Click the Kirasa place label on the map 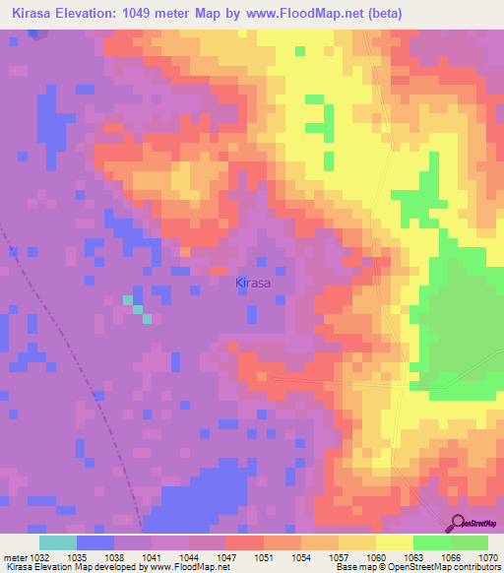coord(253,284)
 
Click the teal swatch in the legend coord(58,542)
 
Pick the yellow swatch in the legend coord(394,542)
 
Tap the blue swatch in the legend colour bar coord(95,542)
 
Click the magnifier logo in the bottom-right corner coord(457,523)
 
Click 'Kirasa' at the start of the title coord(32,13)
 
